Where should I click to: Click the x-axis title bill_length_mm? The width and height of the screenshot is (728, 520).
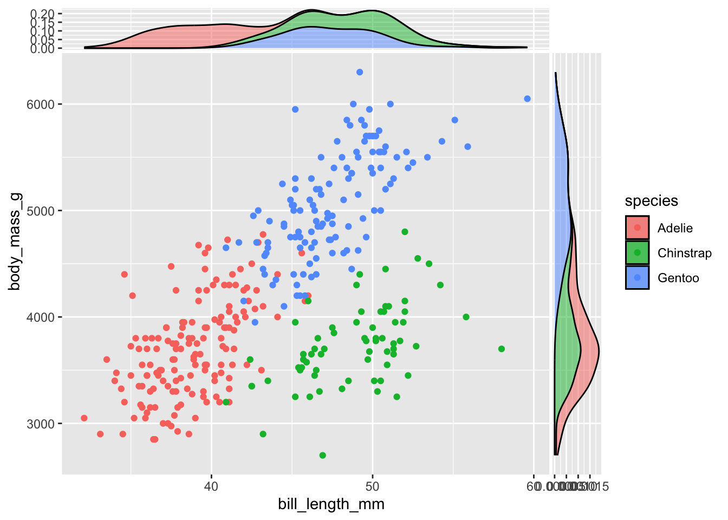tap(331, 504)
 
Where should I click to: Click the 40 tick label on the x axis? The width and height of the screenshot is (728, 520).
tap(211, 486)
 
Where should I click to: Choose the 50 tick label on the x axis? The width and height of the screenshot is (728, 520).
tap(372, 486)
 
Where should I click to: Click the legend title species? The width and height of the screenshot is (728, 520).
tap(651, 201)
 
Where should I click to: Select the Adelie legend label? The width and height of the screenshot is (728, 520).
tap(675, 228)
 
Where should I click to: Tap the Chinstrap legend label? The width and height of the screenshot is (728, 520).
tap(684, 253)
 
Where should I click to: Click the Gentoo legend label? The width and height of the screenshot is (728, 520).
tap(678, 278)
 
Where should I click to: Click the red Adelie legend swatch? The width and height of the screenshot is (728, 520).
tap(637, 228)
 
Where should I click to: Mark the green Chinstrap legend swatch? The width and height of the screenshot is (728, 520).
tap(637, 253)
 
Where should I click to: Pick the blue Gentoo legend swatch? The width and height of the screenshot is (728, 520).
tap(637, 278)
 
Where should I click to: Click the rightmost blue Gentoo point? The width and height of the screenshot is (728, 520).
tap(527, 99)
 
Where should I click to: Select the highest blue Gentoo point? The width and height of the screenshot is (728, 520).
tap(360, 72)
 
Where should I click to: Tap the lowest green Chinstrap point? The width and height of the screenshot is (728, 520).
tap(322, 455)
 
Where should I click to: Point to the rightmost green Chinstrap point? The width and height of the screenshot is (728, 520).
tap(502, 349)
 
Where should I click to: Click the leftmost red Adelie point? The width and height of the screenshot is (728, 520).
tap(84, 418)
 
